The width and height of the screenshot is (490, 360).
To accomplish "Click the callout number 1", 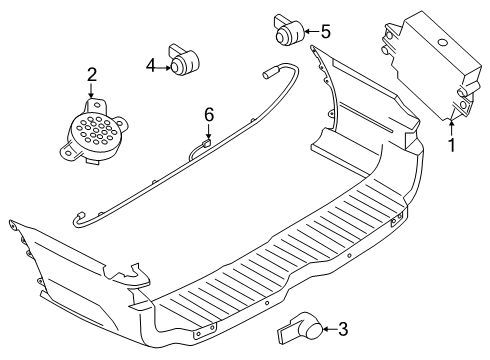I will (451, 145).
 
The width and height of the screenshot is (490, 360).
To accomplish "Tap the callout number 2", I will (91, 74).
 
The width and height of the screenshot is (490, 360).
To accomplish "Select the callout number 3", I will (342, 327).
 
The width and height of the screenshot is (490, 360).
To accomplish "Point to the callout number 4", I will (151, 66).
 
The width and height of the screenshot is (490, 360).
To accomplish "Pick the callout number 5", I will (324, 31).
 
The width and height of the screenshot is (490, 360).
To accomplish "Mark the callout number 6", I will (209, 115).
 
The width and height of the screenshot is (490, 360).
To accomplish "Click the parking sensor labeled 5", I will (288, 32).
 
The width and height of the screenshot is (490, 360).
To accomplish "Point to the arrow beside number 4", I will (163, 66).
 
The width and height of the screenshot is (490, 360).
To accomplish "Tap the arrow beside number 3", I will (328, 327).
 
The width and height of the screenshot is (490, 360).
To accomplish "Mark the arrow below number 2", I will (91, 93).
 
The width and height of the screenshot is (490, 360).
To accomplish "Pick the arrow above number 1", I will (451, 127).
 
